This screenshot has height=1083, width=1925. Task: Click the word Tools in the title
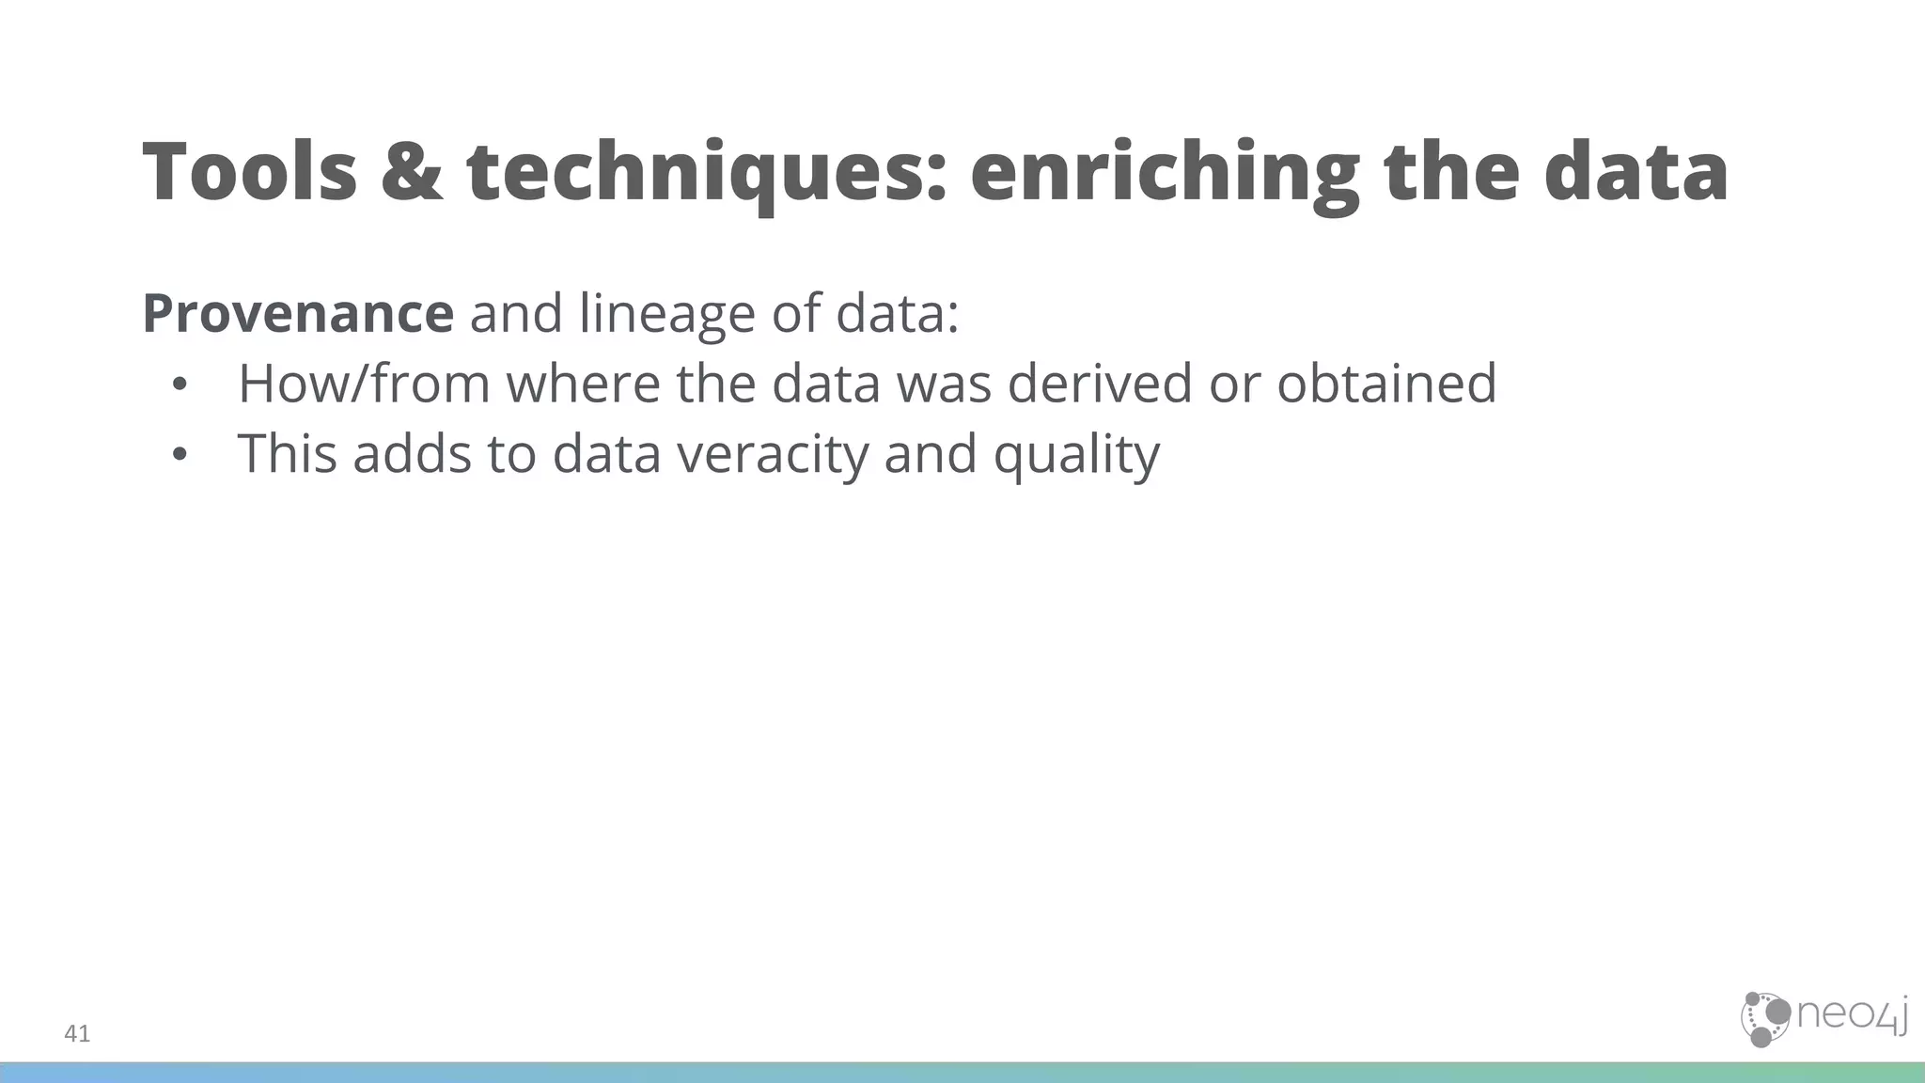coord(249,171)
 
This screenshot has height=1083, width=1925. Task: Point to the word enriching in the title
coord(1164,171)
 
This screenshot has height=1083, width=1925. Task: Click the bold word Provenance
coord(298,313)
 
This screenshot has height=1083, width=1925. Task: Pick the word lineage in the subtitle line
coord(666,313)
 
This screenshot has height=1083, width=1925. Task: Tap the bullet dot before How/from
coord(180,385)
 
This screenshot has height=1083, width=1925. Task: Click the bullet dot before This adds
coord(180,456)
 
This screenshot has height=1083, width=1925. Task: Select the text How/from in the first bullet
coord(364,384)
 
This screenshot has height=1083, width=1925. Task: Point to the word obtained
coord(1386,384)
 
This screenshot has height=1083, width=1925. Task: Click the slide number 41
coord(77,1034)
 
